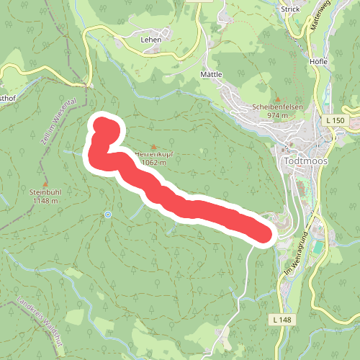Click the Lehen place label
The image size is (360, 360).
(x=150, y=40)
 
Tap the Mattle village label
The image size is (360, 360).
(x=212, y=74)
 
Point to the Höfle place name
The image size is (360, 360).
(x=318, y=61)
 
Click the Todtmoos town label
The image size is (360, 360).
(x=306, y=161)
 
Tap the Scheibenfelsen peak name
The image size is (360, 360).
(x=278, y=107)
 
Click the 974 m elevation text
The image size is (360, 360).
(x=278, y=115)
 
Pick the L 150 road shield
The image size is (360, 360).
(x=336, y=119)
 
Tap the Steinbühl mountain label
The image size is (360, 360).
(x=45, y=192)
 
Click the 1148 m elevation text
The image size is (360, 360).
(x=45, y=201)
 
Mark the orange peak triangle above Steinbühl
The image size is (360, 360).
(x=45, y=184)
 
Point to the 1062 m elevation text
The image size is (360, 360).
(x=154, y=163)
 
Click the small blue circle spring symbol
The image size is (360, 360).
(x=108, y=214)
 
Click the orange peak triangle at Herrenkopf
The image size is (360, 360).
(x=153, y=147)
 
